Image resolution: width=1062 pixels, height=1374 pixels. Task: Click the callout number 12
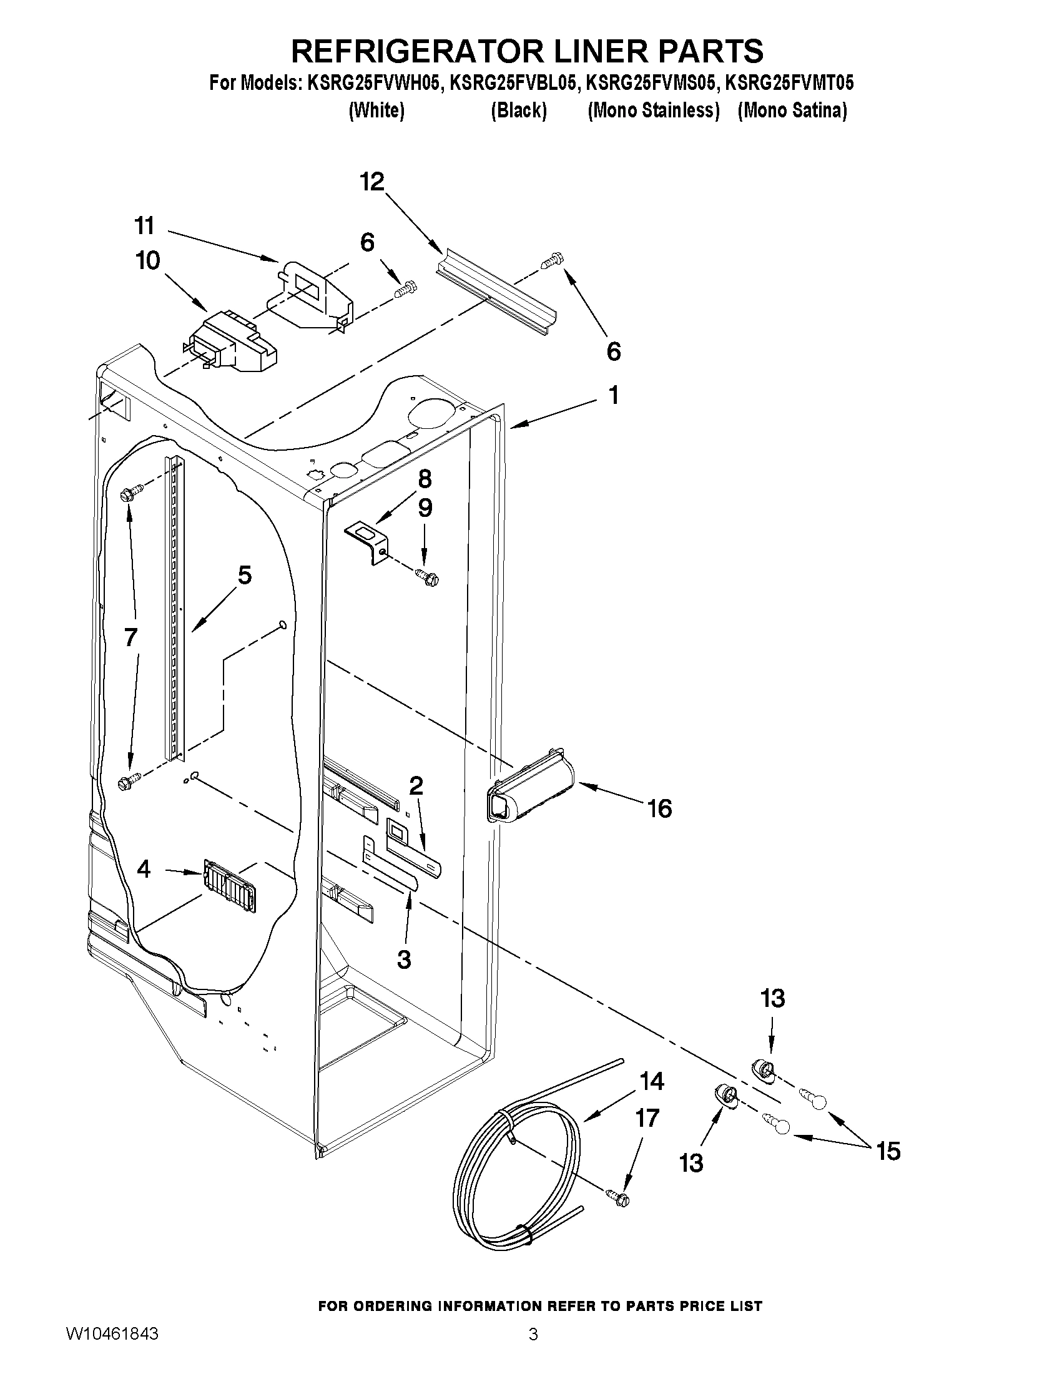click(372, 182)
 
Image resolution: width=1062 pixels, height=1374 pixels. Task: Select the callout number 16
click(659, 808)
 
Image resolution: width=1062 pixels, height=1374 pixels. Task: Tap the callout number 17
click(647, 1118)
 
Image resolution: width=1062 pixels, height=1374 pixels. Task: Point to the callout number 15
click(888, 1151)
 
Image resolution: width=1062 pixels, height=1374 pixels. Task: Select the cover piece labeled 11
click(312, 296)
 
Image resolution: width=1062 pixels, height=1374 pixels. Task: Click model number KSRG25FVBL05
click(512, 84)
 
